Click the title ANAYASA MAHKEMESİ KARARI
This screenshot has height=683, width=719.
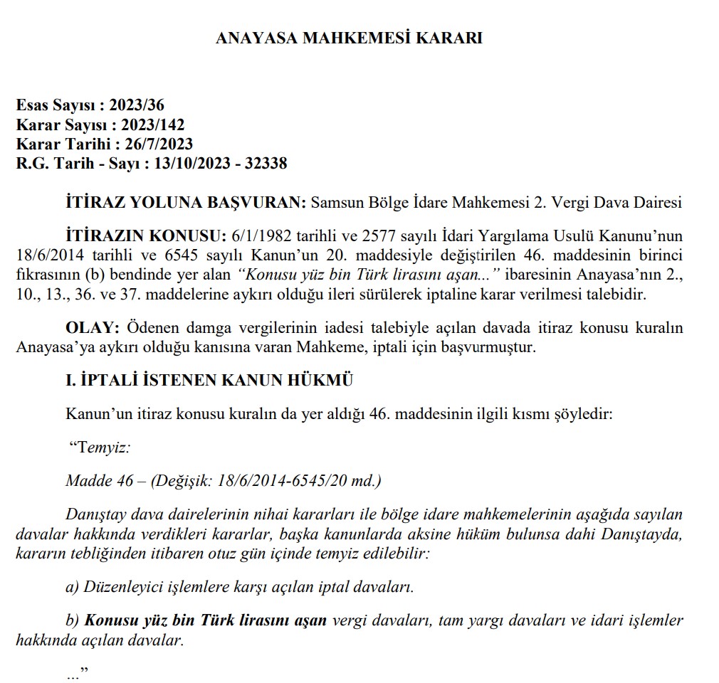(349, 38)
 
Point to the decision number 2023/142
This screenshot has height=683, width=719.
(153, 125)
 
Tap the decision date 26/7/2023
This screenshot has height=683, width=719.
(159, 144)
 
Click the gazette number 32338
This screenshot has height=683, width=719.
(266, 164)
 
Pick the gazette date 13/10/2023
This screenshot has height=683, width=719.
(194, 164)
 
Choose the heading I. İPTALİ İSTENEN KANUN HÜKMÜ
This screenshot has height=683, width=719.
(209, 380)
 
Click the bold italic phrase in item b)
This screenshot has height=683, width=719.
(206, 620)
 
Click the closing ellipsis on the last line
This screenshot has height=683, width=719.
(72, 674)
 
